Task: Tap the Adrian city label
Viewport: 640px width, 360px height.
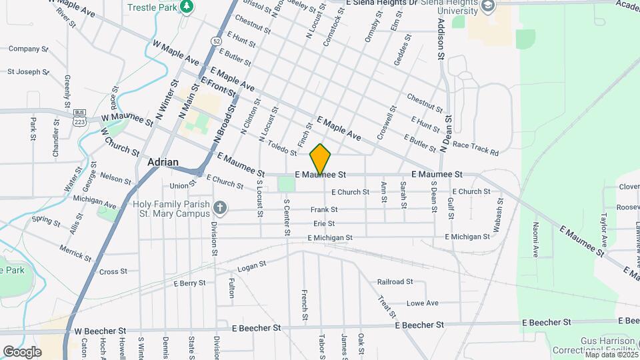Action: point(161,162)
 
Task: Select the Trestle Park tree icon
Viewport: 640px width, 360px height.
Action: point(187,6)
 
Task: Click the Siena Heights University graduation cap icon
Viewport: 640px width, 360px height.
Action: point(489,6)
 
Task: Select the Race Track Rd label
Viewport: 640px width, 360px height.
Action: point(475,148)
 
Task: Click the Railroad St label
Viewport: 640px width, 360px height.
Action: point(395,282)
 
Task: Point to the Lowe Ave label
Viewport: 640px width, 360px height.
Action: point(422,303)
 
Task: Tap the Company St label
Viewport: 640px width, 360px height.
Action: point(28,49)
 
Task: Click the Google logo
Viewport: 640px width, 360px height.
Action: point(22,351)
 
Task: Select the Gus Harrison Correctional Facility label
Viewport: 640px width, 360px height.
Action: point(593,344)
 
